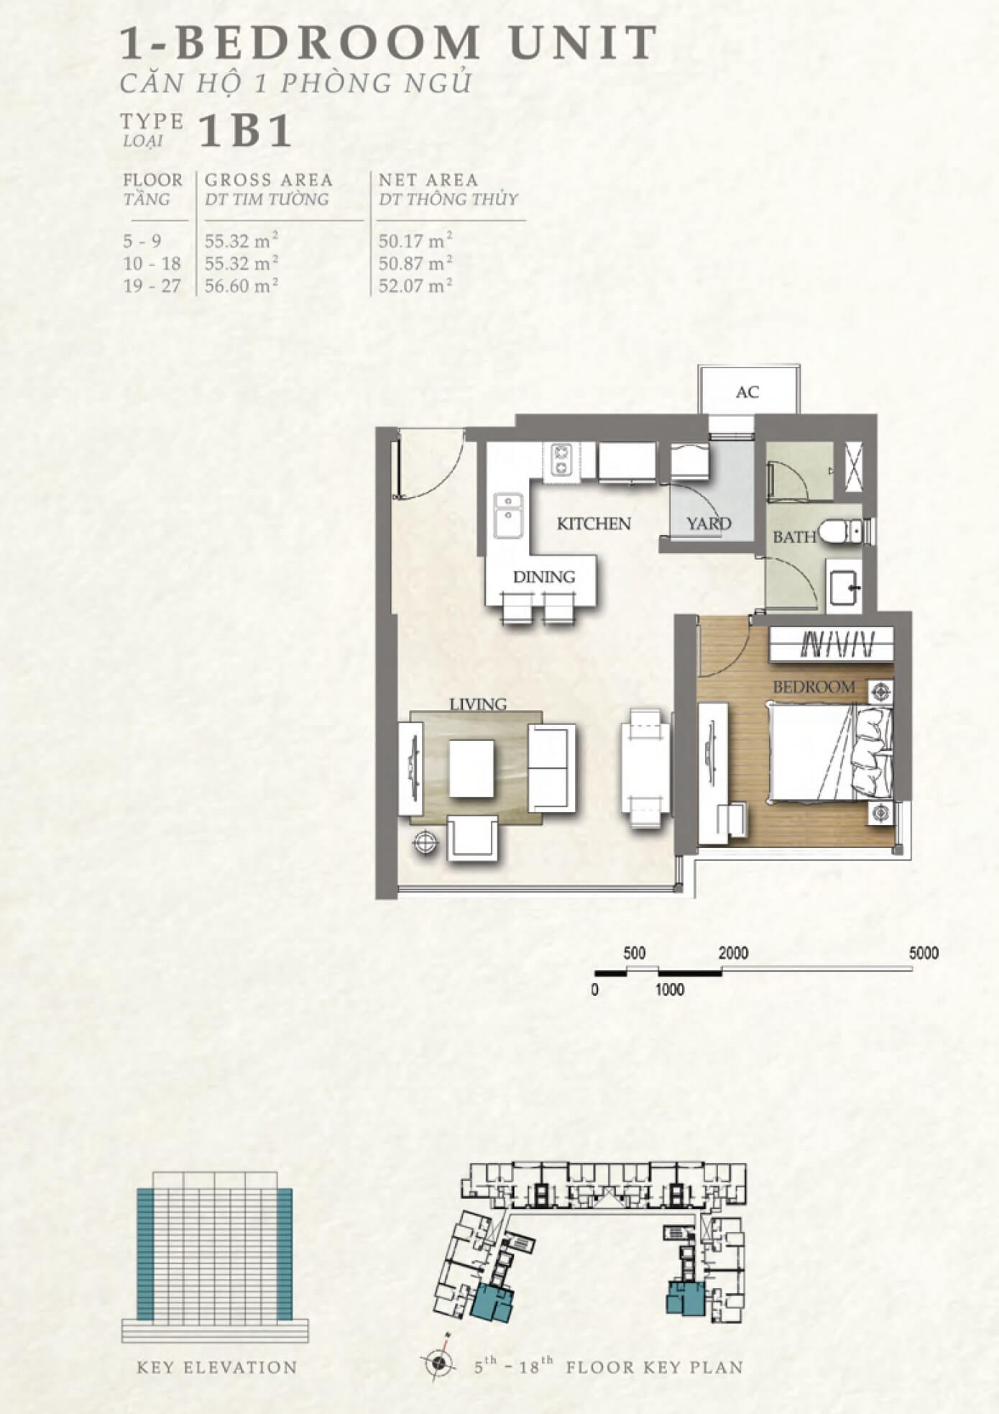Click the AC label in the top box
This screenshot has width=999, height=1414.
pos(747,392)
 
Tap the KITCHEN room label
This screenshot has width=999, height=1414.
pos(594,524)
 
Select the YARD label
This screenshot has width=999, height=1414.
pos(709,524)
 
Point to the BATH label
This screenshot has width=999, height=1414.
pos(794,537)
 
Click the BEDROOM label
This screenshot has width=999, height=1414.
pos(814,687)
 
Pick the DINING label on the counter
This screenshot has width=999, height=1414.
pos(544,577)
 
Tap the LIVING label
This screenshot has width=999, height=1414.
pos(478,704)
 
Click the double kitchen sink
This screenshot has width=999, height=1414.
pos(509,515)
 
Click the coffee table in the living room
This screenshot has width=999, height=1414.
pos(471,768)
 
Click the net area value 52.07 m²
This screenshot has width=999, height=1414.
pos(415,286)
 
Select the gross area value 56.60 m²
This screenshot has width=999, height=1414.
pos(241,286)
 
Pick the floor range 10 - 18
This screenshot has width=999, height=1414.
pos(152,263)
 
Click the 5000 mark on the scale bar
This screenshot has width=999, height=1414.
pos(924,953)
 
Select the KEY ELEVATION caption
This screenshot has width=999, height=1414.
pos(217,1367)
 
